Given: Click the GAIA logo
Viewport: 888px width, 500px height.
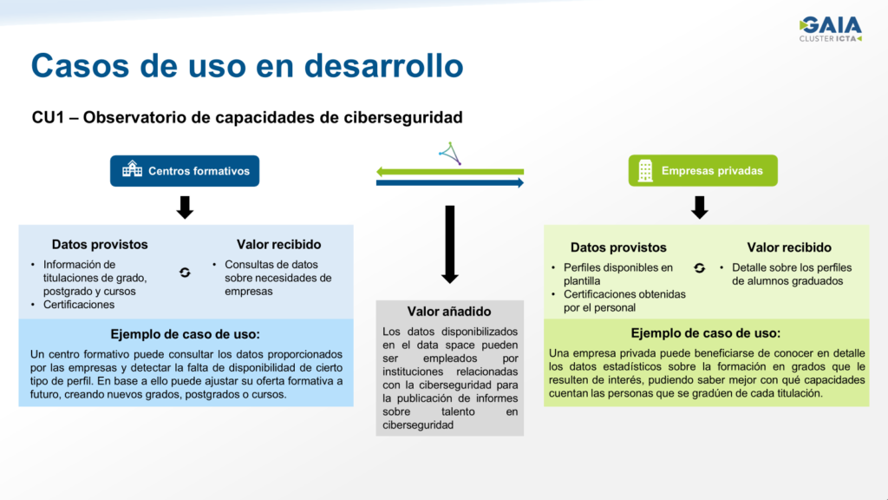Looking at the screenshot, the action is pos(830,29).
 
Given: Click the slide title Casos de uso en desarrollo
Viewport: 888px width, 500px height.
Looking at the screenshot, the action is pos(247,65).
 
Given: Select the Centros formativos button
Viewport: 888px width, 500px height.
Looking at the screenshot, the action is pos(185,171).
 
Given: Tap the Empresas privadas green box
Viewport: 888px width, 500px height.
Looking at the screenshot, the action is pos(702,171).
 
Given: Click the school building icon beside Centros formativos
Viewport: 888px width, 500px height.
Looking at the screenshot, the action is pos(133,169).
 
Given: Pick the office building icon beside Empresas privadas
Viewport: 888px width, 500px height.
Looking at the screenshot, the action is pos(645,171).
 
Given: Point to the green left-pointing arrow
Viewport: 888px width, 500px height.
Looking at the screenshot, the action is pos(450,172).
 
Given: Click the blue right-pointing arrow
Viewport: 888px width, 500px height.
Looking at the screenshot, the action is pos(450,182).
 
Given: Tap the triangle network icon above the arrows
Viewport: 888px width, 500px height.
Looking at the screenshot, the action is pos(450,153).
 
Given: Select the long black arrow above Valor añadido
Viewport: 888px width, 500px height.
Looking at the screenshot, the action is pos(450,244).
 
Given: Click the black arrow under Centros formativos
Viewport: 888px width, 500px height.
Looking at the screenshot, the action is pos(185,207).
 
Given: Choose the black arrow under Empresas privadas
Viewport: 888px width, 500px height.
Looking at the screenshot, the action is pos(700,207).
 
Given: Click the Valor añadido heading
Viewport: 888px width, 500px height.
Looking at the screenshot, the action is pos(449,312).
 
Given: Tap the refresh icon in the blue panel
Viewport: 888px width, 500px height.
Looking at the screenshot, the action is pos(185,273).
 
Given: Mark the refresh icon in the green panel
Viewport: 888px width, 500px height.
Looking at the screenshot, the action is pos(700,268).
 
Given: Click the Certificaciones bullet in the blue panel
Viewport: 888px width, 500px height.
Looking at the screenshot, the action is pos(79,305).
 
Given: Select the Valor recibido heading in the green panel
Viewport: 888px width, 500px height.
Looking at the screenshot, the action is pos(789,247).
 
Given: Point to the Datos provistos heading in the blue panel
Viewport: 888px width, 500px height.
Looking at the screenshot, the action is pos(100,244).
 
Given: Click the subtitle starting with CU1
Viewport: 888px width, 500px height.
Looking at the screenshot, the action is pos(247,117).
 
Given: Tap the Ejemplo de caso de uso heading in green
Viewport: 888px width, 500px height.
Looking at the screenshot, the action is pos(706,332).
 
